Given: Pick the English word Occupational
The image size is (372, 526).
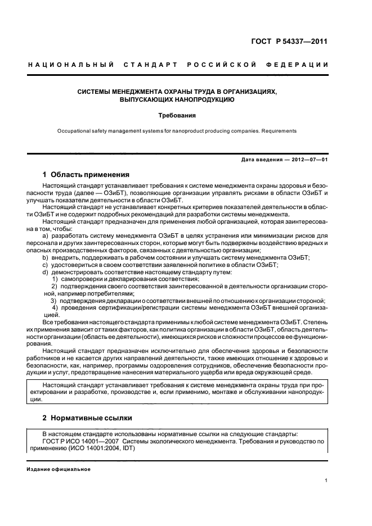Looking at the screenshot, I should pos(73,131).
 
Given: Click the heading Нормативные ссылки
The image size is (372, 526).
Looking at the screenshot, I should pos(93,419).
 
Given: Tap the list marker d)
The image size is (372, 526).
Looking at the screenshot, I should pos(46,272).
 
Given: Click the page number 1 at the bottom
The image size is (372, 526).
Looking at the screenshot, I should pos(326,480).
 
